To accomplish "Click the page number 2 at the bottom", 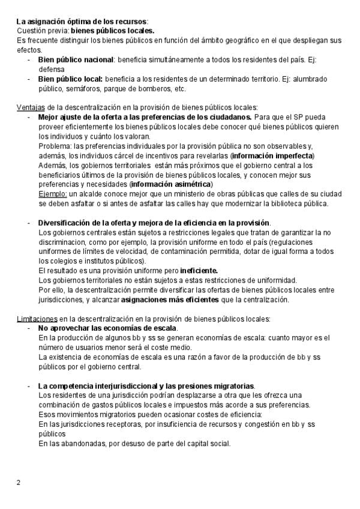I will pyautogui.click(x=18, y=481).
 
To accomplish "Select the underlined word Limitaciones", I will pyautogui.click(x=37, y=318).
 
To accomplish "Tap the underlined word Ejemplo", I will pyautogui.click(x=52, y=194).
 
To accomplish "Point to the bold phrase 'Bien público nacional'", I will pyautogui.click(x=76, y=60).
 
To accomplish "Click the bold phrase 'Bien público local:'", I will pyautogui.click(x=70, y=79).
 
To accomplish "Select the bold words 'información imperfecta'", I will pyautogui.click(x=272, y=155).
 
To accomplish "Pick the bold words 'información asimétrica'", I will pyautogui.click(x=170, y=184).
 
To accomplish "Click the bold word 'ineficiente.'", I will pyautogui.click(x=194, y=271).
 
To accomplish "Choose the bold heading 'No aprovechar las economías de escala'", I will pyautogui.click(x=107, y=328).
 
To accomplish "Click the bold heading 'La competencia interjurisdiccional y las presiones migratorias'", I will pyautogui.click(x=146, y=385).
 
